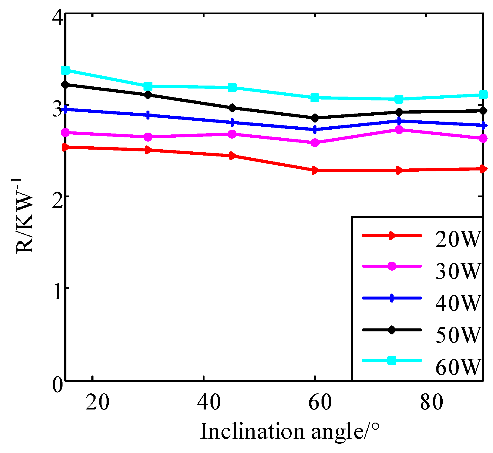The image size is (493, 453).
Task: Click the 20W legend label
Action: click(x=458, y=239)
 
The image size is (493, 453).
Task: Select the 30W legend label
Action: click(x=458, y=271)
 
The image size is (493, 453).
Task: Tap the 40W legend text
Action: click(x=458, y=303)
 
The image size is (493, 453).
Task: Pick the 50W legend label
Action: click(x=458, y=335)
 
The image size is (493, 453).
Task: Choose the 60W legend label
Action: click(x=458, y=367)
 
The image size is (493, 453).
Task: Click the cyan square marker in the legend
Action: click(x=392, y=360)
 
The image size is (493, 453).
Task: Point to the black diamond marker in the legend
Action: click(x=392, y=330)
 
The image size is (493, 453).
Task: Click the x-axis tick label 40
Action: click(x=209, y=402)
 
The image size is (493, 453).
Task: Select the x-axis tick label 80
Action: click(x=431, y=402)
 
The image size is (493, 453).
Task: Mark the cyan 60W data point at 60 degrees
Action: click(x=315, y=97)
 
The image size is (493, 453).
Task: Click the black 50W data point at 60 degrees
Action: click(x=315, y=118)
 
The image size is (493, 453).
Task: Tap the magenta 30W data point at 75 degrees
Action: click(x=399, y=130)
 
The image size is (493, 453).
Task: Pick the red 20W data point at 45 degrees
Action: click(x=232, y=156)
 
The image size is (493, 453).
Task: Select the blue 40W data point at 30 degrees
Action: click(x=148, y=115)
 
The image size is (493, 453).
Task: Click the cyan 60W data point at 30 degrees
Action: click(x=148, y=86)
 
